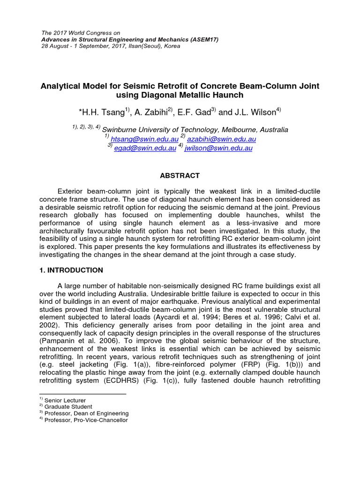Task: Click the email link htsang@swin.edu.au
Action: [x=144, y=139]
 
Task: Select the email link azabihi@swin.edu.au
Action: [x=221, y=139]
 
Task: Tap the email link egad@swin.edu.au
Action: [x=145, y=148]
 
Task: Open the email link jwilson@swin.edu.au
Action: [x=218, y=148]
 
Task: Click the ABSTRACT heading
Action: [x=180, y=176]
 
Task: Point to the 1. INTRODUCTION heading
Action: [x=71, y=270]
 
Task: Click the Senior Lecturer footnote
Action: [x=65, y=400]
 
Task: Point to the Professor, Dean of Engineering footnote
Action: [x=86, y=413]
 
